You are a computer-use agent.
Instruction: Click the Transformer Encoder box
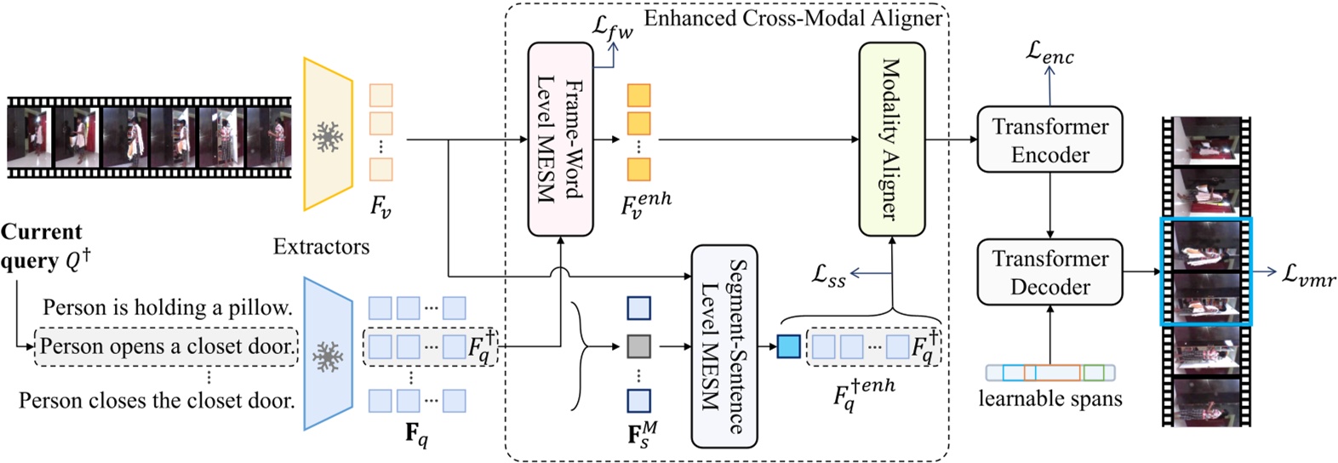point(1049,140)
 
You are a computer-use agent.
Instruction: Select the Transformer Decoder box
point(1049,272)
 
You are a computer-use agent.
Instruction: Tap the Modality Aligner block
point(891,139)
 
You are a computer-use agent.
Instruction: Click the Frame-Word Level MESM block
point(560,139)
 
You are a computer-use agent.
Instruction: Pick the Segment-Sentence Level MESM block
point(723,346)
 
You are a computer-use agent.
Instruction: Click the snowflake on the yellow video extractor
point(327,136)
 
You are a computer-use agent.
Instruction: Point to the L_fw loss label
point(612,26)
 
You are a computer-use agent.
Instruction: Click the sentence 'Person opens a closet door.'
point(168,346)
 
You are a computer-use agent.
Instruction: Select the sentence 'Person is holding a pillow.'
point(168,307)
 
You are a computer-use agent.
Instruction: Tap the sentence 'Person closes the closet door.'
point(157,400)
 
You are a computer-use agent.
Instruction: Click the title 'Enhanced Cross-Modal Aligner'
point(793,18)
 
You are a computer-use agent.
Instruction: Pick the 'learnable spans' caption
point(1049,398)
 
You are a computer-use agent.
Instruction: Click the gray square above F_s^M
point(638,346)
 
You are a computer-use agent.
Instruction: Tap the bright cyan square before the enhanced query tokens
point(788,346)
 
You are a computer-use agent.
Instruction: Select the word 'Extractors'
point(321,247)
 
